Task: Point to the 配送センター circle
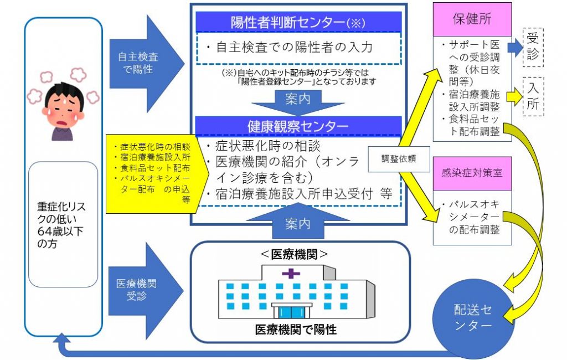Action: [472, 317]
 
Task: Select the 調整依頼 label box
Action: [399, 158]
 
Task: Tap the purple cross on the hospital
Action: [291, 273]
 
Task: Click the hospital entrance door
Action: [291, 312]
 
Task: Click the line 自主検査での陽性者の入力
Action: [293, 47]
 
